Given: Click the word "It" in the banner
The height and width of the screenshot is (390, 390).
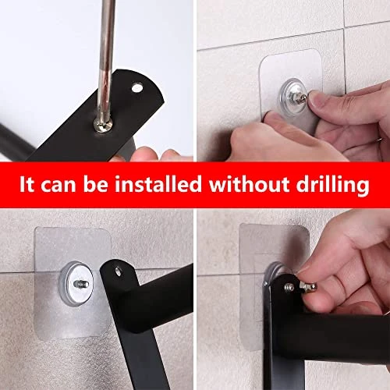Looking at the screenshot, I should coord(29,186).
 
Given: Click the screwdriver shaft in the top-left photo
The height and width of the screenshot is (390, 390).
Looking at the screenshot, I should coord(104,55).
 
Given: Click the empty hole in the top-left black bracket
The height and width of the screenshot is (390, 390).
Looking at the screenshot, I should coord(138,89).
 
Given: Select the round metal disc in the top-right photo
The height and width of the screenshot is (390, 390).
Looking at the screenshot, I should coord(291,93).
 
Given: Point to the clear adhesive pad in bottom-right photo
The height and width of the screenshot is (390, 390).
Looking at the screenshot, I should coord(257,242).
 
